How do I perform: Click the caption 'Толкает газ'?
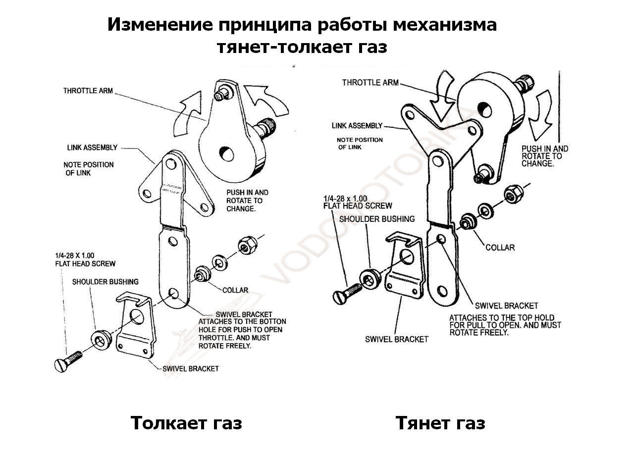pyautogui.click(x=186, y=423)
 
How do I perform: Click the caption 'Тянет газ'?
pyautogui.click(x=440, y=423)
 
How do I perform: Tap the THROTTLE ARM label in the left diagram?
pyautogui.click(x=88, y=91)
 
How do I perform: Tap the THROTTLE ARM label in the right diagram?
pyautogui.click(x=370, y=82)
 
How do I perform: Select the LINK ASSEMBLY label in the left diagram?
pyautogui.click(x=92, y=148)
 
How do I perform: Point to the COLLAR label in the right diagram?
pyautogui.click(x=500, y=247)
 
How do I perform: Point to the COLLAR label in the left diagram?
pyautogui.click(x=235, y=290)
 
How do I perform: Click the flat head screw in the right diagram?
pyautogui.click(x=348, y=291)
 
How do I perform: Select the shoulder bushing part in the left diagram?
pyautogui.click(x=101, y=339)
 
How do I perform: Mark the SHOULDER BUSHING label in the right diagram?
pyautogui.click(x=377, y=218)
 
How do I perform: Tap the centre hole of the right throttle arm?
pyautogui.click(x=484, y=107)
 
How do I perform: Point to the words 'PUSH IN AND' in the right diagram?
pyautogui.click(x=545, y=149)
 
